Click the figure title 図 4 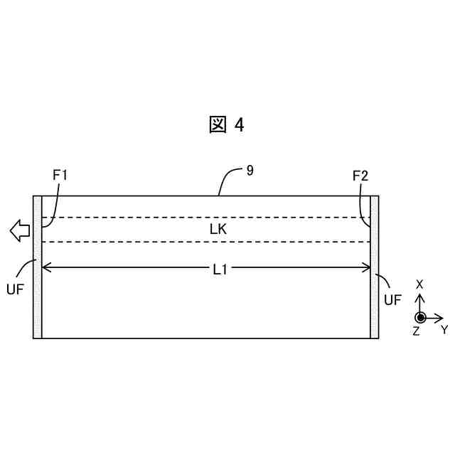pyautogui.click(x=227, y=125)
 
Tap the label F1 pyautogui.click(x=61, y=174)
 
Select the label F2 pyautogui.click(x=360, y=174)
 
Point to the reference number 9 pyautogui.click(x=250, y=171)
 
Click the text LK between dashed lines pyautogui.click(x=218, y=229)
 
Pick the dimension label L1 pyautogui.click(x=220, y=268)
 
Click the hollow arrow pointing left pyautogui.click(x=19, y=230)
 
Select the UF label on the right pyautogui.click(x=392, y=299)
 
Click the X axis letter pyautogui.click(x=419, y=284)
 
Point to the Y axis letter pyautogui.click(x=444, y=329)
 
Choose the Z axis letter pyautogui.click(x=416, y=331)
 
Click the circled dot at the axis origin pyautogui.click(x=420, y=317)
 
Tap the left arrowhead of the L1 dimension pyautogui.click(x=46, y=268)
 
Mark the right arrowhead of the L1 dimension pyautogui.click(x=368, y=268)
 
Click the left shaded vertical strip pyautogui.click(x=38, y=267)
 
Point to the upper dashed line pyautogui.click(x=206, y=218)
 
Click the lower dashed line pyautogui.click(x=206, y=242)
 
